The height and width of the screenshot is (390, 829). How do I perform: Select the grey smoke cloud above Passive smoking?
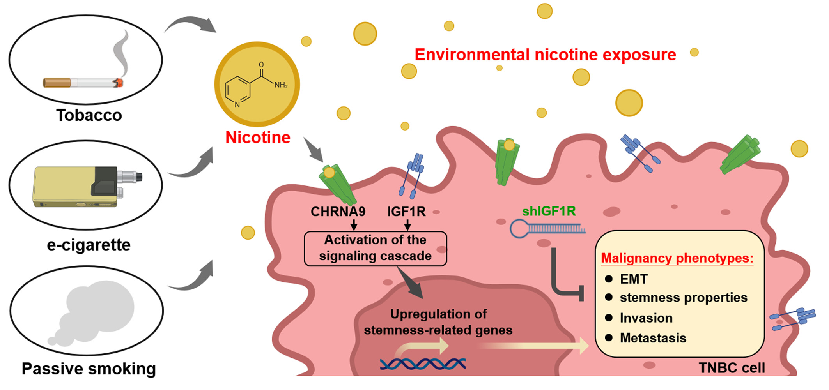94,312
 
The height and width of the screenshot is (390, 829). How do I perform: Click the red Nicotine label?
258,138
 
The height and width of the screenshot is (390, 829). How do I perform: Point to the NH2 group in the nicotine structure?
281,85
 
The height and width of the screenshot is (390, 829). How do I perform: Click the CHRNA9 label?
338,212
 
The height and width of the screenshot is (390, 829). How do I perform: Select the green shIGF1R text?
549,211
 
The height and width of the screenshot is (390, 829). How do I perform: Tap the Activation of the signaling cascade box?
375,248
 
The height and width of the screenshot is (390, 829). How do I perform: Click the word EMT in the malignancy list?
634,279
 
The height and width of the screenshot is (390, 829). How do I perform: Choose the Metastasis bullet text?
653,338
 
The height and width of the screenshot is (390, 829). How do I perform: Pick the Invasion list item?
646,318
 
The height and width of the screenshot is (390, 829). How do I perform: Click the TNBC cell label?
732,368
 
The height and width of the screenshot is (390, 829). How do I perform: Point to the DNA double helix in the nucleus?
423,364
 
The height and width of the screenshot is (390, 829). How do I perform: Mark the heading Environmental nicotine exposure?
545,55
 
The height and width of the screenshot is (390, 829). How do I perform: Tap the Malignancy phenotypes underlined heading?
677,258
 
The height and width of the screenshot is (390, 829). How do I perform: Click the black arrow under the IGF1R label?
407,225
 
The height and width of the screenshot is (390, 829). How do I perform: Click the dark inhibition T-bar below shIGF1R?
565,281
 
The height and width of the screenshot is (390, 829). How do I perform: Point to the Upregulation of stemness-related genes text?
438,322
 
